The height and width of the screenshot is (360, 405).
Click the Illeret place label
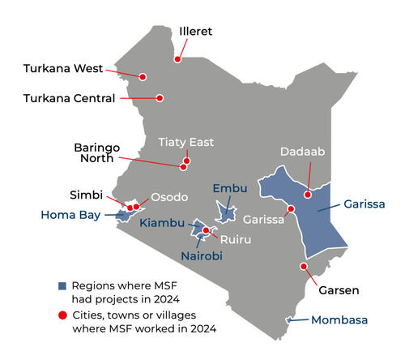point(195,32)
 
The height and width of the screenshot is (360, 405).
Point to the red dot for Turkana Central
point(160,98)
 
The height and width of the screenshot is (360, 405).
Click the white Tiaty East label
point(185,142)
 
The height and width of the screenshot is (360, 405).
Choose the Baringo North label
point(97,153)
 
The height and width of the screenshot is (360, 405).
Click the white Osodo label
point(169,197)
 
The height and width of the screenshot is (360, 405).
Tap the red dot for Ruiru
point(207,230)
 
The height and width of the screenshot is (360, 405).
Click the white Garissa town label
point(264,219)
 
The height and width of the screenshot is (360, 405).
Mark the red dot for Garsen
point(304,266)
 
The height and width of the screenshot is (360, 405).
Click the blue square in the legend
point(62,285)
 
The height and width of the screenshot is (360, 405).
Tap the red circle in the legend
point(62,315)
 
